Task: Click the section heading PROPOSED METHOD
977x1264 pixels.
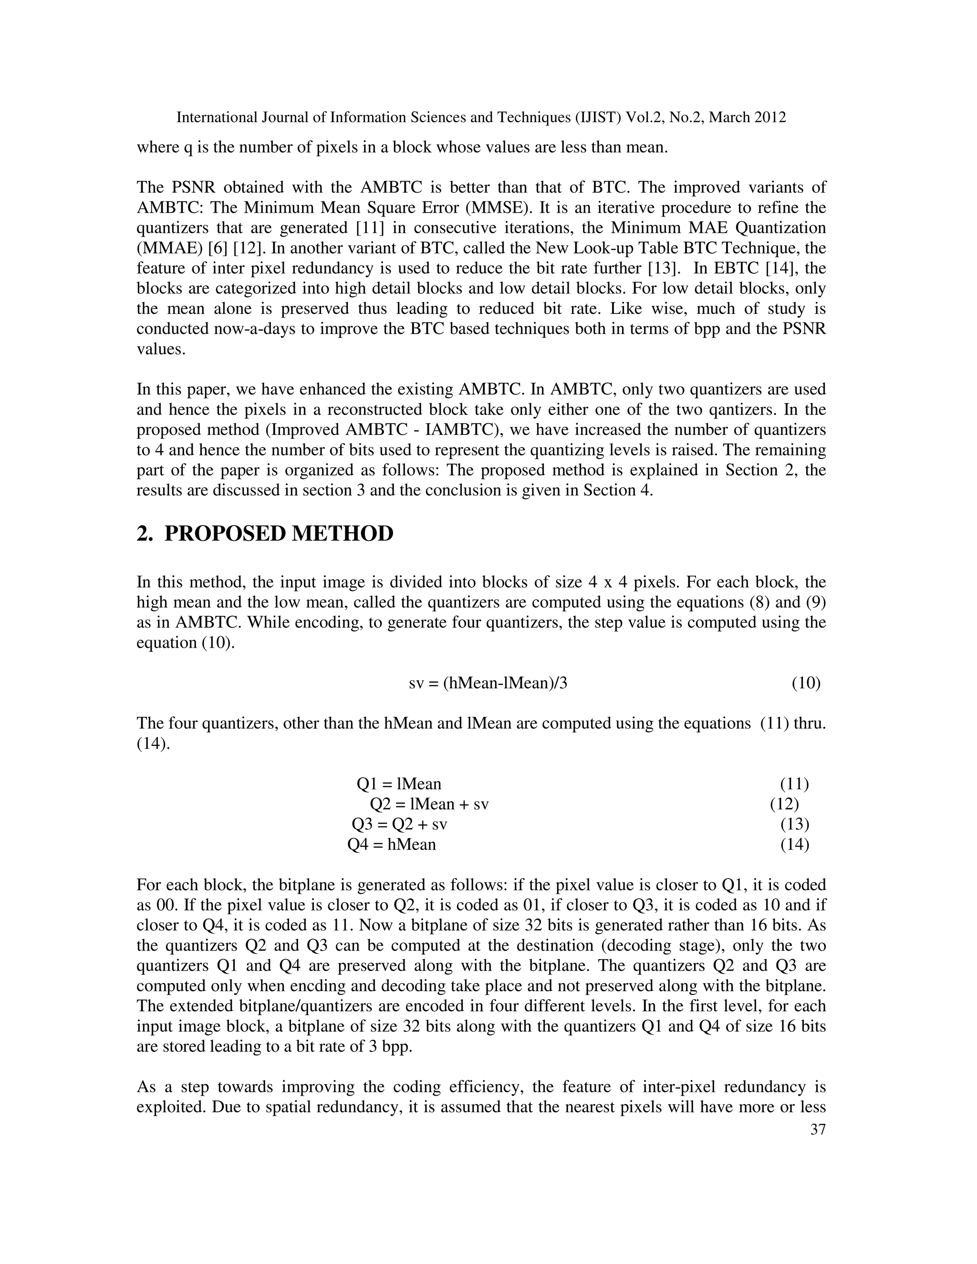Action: [279, 534]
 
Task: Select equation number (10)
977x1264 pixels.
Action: [806, 683]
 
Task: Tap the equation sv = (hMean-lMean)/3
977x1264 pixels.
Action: [488, 683]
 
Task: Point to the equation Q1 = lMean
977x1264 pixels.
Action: [399, 784]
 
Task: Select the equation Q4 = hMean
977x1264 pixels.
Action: [391, 844]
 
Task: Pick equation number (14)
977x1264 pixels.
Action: [795, 844]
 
